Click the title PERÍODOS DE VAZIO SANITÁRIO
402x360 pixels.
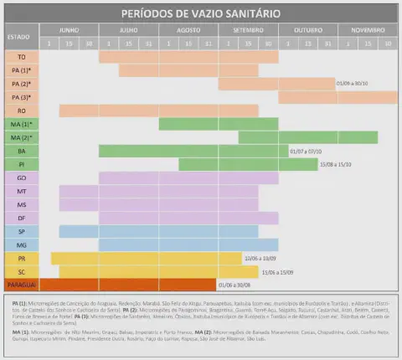point(200,14)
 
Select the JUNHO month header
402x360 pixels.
point(69,29)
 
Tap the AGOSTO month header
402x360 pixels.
point(189,29)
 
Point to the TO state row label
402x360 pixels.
point(21,56)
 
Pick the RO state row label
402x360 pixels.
point(21,111)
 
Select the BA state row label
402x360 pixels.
point(21,151)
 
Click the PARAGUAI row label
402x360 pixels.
point(20,284)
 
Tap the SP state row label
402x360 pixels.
point(21,230)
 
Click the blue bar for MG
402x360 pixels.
point(158,244)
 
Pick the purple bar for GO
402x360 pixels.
point(188,177)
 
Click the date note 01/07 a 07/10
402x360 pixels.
point(305,151)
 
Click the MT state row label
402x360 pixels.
point(21,191)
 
